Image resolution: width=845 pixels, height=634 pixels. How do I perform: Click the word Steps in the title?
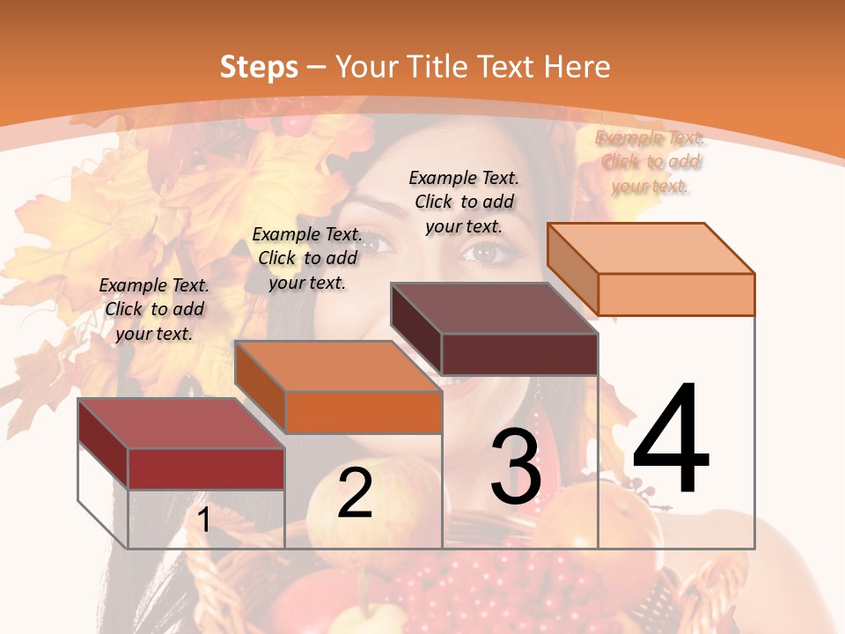[x=258, y=67]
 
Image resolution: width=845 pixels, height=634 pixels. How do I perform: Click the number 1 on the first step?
[x=204, y=520]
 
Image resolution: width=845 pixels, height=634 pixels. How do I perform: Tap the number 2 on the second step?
[x=355, y=493]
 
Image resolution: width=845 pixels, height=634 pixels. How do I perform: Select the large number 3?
[x=516, y=467]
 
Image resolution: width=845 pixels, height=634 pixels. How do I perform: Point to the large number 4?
[x=671, y=440]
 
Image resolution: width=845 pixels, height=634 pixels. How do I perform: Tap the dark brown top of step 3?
[x=494, y=308]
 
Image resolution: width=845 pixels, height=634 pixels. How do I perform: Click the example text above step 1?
[x=154, y=309]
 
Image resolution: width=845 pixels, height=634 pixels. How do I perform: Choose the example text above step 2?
[x=307, y=258]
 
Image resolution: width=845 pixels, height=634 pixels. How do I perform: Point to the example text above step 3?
[x=464, y=202]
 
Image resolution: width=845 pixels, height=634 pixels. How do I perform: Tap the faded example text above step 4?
[x=650, y=162]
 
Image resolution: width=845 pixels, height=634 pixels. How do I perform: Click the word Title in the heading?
[x=442, y=67]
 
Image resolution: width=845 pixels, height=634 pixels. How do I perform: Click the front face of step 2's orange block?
[x=364, y=412]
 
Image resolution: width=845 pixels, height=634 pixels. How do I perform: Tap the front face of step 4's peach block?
[x=676, y=294]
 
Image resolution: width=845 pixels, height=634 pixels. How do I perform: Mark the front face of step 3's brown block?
[x=519, y=354]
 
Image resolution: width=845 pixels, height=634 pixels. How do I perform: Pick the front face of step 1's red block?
[x=206, y=468]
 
